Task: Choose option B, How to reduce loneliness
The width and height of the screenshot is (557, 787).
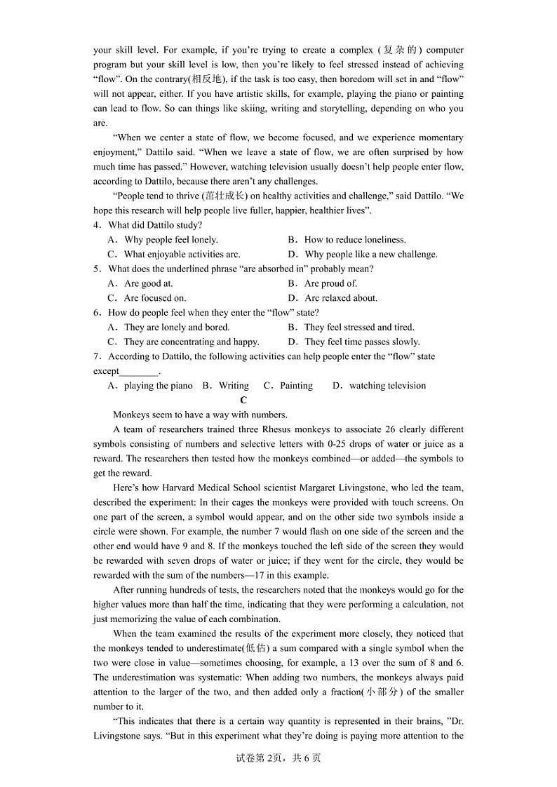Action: (x=347, y=240)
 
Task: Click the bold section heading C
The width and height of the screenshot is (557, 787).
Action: (x=243, y=401)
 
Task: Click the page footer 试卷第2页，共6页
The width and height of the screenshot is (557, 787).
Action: (x=278, y=758)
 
